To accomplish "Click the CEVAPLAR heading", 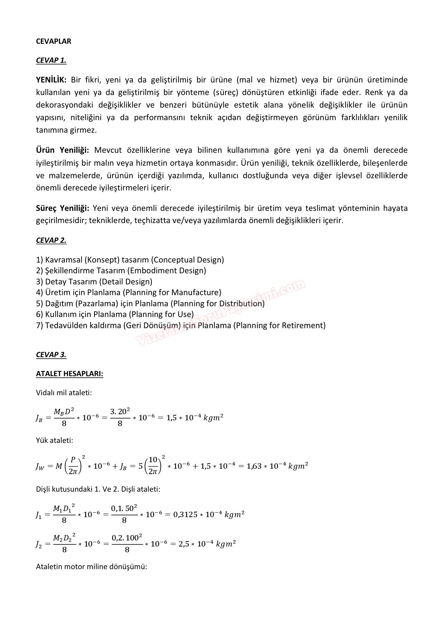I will (53, 41).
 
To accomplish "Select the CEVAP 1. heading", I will (51, 60).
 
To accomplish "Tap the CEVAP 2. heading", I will (51, 240).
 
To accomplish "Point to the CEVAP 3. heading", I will (51, 355).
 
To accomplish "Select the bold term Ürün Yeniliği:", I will (62, 150).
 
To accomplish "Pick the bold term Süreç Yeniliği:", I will (62, 208).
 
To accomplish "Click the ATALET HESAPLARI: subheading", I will (69, 374).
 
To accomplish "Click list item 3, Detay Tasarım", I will (94, 282).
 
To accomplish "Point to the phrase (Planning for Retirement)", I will (279, 325).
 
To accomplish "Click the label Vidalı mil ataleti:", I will (64, 393).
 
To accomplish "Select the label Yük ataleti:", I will (54, 440).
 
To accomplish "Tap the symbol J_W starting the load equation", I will (40, 467).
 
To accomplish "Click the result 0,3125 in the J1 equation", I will (185, 515).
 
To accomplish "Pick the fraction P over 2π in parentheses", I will (73, 466).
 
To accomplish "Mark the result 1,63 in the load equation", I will (254, 466).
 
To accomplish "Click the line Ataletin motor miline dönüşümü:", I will (91, 567).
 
